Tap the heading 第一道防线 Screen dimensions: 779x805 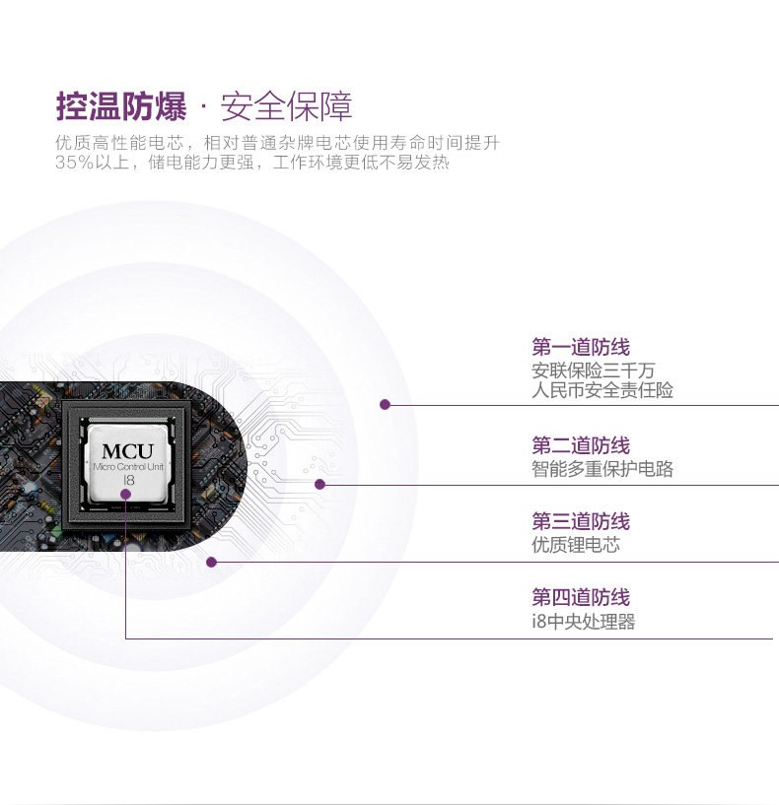click(580, 347)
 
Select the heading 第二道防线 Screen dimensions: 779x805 click(580, 445)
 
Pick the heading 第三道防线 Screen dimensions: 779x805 click(580, 521)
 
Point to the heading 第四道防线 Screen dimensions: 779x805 click(580, 597)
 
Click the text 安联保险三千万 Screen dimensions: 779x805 click(593, 370)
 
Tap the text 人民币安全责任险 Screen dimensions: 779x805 click(602, 390)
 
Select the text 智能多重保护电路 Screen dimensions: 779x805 click(602, 469)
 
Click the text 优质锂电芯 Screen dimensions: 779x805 click(576, 545)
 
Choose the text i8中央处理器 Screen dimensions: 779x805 click(583, 622)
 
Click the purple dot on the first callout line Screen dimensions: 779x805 click(386, 404)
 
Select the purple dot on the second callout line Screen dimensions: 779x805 click(319, 484)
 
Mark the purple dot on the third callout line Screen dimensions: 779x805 click(211, 562)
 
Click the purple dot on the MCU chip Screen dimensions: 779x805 click(127, 491)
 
